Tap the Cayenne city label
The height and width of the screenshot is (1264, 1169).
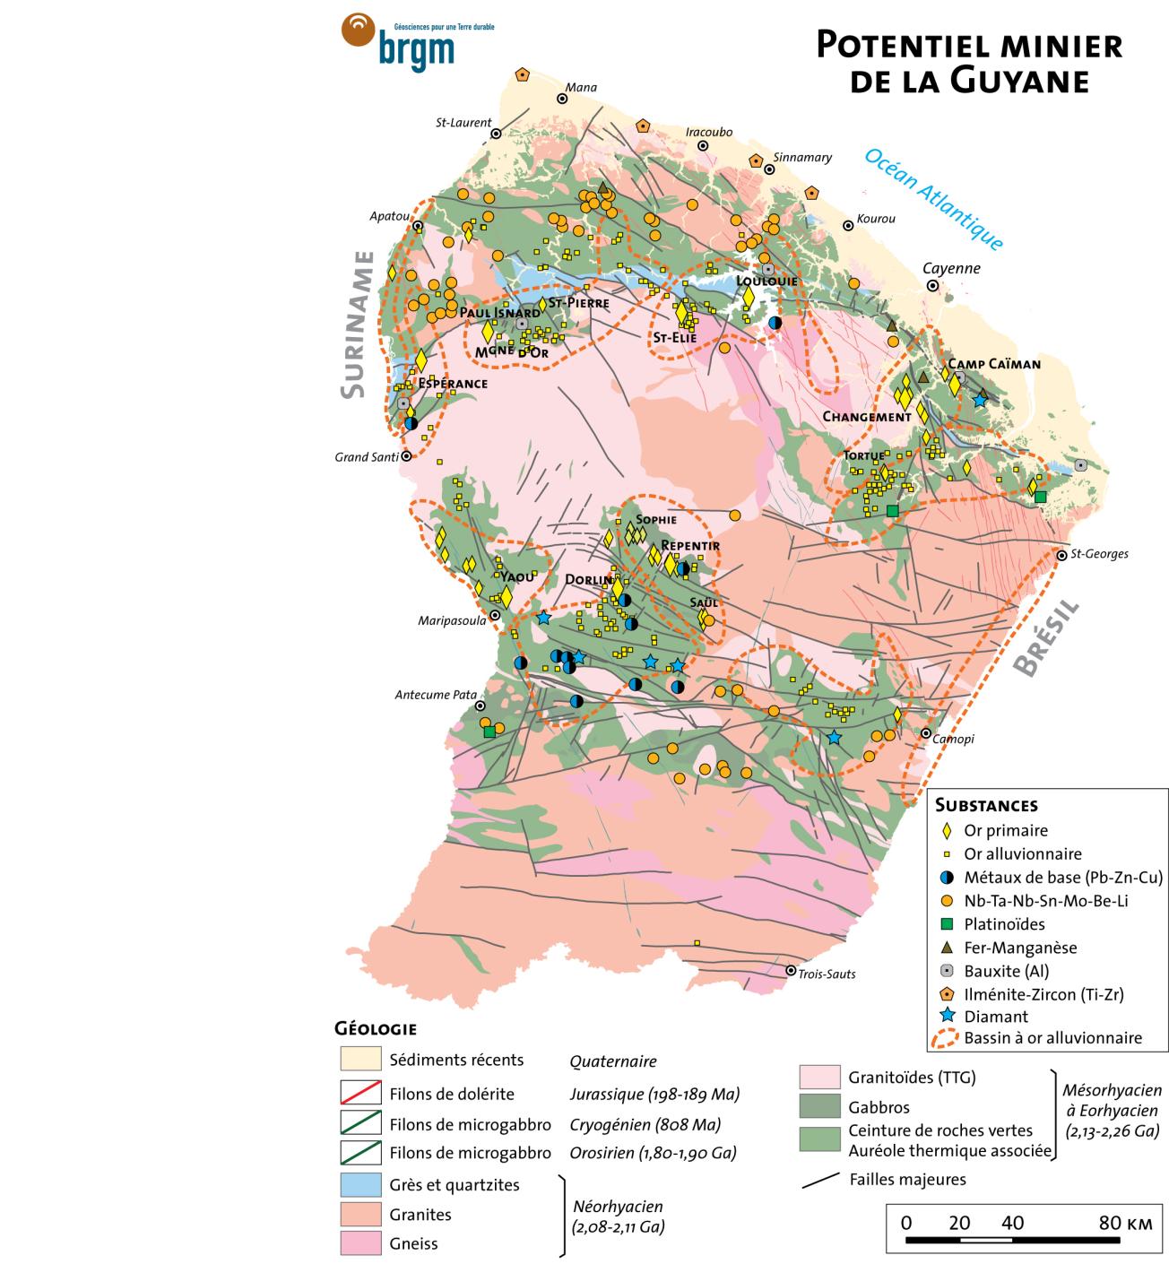[x=952, y=268]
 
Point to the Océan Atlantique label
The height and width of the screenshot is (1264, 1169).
[x=932, y=198]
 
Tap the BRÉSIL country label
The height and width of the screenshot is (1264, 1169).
[x=1045, y=639]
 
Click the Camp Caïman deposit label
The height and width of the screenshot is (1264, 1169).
[x=994, y=364]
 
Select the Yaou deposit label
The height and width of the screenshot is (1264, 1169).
[x=516, y=577]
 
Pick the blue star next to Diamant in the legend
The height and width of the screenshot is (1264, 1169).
[x=947, y=1017]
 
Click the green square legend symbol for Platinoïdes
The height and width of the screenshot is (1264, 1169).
[x=947, y=923]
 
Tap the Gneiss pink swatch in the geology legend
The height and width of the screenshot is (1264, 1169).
[x=359, y=1243]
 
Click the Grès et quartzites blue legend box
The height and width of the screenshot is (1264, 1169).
[x=359, y=1184]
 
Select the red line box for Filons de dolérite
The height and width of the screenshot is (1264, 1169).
[x=359, y=1094]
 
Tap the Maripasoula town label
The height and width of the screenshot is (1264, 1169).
[x=452, y=620]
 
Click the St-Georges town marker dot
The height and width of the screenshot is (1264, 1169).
[x=1061, y=555]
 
